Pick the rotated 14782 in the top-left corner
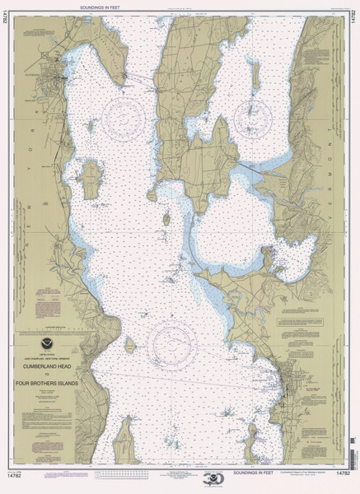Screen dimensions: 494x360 tap(7, 25)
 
